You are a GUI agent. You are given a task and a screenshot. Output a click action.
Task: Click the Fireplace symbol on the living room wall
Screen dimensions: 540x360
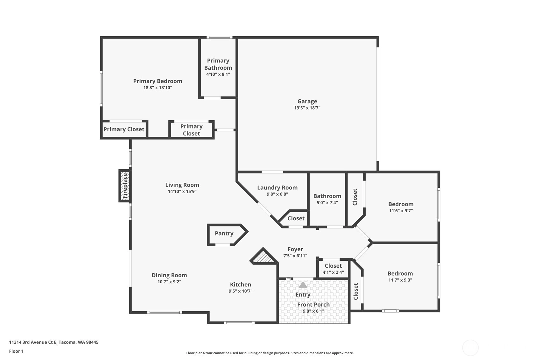click(x=125, y=186)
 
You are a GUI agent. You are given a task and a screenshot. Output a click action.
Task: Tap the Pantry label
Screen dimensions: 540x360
click(x=224, y=233)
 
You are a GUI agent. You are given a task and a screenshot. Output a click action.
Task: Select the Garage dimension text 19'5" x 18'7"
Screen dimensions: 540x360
click(x=307, y=108)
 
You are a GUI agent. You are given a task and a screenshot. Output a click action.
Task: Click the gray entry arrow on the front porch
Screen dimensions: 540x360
click(x=303, y=285)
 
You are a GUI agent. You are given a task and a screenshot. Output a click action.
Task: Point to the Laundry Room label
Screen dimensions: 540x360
click(x=277, y=187)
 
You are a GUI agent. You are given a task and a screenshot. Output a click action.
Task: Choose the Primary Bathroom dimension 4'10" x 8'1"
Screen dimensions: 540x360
click(x=218, y=74)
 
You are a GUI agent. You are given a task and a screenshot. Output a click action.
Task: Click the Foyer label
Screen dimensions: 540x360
click(x=295, y=249)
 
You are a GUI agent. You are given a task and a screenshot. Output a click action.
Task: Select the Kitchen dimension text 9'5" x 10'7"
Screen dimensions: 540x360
click(x=240, y=291)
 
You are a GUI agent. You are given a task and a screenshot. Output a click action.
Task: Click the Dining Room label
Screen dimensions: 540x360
click(x=169, y=275)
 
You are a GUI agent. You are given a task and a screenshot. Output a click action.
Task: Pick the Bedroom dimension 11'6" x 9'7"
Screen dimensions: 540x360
click(x=401, y=210)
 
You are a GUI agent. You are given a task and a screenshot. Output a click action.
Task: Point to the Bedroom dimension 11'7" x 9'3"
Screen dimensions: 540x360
click(x=400, y=280)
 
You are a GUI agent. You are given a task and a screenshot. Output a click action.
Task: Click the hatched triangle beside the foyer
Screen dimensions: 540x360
click(x=263, y=257)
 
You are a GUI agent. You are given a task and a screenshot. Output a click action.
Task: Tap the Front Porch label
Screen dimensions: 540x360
click(x=313, y=305)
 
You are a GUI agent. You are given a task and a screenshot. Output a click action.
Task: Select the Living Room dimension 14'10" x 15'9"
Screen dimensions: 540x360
click(x=182, y=191)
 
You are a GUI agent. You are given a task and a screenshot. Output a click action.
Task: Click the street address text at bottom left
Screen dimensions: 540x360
click(x=54, y=342)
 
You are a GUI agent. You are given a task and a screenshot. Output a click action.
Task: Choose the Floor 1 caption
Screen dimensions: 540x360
click(x=17, y=351)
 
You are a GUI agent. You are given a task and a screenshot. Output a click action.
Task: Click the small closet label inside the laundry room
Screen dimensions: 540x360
click(x=296, y=218)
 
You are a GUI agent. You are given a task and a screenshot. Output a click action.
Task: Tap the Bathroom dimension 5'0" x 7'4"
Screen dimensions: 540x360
click(x=327, y=202)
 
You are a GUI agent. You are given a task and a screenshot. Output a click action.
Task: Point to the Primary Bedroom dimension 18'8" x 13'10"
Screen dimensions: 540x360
click(x=158, y=88)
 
